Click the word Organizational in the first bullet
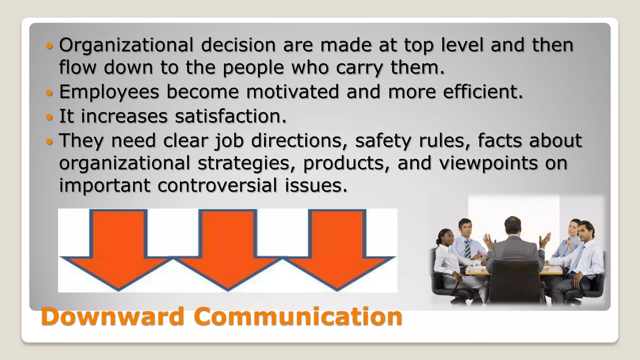126,45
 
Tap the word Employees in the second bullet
109,92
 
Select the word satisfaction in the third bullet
230,116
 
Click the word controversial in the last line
217,185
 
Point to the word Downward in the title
113,316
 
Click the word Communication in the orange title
298,316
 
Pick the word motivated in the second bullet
292,92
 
